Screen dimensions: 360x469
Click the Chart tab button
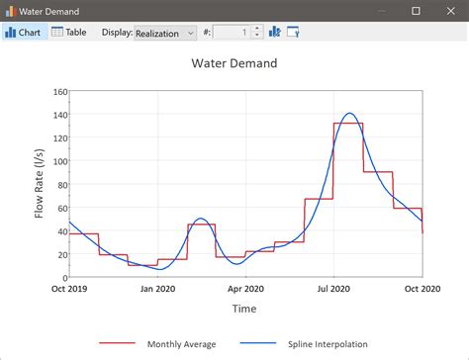23,32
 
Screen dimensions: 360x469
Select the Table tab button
69,32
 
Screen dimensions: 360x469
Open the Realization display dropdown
165,33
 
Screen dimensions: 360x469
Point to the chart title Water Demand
234,63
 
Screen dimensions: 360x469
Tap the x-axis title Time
244,309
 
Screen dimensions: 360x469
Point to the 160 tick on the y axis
59,92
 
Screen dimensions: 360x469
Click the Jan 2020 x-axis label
157,290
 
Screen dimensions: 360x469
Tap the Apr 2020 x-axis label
245,290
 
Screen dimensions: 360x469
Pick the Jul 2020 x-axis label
333,290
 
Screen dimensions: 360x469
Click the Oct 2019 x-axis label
69,290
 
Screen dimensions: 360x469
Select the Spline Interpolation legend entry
327,344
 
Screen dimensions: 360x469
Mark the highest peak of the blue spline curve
349,114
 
